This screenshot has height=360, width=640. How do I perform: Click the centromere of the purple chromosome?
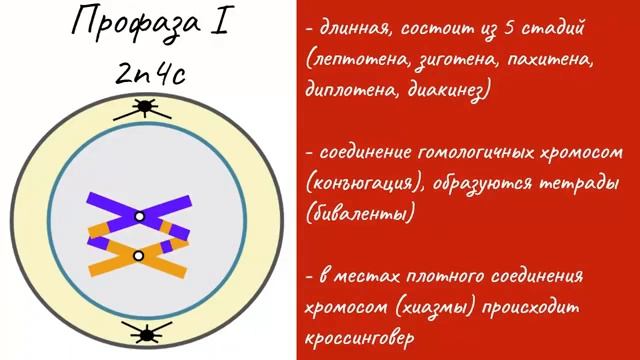coord(140,215)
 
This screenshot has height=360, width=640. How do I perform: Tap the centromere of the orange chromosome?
coord(139,256)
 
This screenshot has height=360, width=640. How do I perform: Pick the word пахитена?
coord(550,62)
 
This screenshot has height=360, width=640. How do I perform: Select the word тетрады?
coord(561,185)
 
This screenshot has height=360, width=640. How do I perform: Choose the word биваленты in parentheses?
coord(359,215)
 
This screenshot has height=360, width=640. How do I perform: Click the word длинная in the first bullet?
coord(354,31)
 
